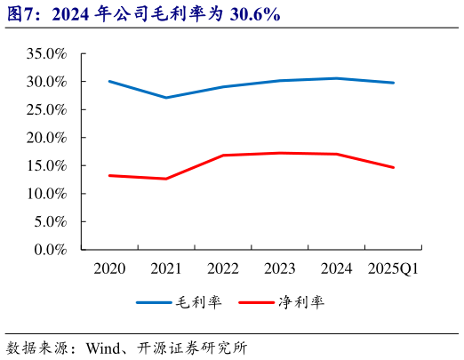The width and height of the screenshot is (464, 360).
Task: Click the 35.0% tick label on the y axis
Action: click(48, 53)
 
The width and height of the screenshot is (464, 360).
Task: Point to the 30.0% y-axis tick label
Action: click(48, 82)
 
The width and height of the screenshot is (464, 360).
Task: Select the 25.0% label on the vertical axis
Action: click(48, 109)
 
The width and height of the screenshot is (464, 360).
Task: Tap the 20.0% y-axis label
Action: click(48, 138)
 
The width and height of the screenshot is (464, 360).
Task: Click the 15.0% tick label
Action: click(48, 165)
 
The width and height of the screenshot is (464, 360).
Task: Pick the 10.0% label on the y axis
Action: click(48, 194)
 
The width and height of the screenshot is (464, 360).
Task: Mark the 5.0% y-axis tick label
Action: click(51, 221)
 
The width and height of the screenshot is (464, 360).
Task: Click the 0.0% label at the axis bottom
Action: click(51, 250)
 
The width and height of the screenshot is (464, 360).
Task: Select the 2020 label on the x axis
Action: click(109, 268)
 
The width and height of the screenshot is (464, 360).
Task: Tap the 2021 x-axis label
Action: click(165, 268)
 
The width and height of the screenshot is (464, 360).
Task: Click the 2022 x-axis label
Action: click(222, 268)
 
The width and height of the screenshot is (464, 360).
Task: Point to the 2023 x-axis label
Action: click(279, 268)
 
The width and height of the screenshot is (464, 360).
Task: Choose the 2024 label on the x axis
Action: click(336, 268)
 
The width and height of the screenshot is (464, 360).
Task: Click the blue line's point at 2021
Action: click(165, 98)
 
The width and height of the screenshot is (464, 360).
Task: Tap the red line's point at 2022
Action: click(222, 156)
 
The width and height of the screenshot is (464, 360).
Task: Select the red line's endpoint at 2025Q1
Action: click(393, 167)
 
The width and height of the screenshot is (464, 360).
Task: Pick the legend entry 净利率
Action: click(300, 302)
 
